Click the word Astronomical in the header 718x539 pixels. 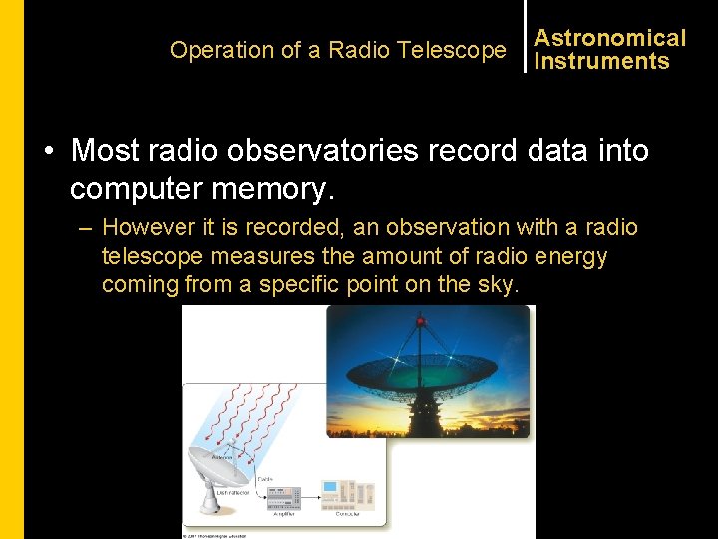pos(609,38)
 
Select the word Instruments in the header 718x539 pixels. pos(601,61)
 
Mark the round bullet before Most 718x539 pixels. pos(47,152)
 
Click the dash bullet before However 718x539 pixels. pos(86,228)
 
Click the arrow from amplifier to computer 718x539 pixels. pos(312,495)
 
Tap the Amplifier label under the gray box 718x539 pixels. pos(284,515)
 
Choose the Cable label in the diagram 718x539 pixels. pos(264,478)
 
